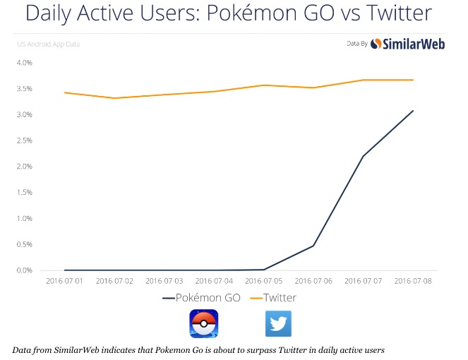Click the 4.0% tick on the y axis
point(24,63)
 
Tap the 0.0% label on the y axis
point(24,270)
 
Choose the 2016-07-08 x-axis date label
point(413,280)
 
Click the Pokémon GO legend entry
point(202,298)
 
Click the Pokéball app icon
point(203,324)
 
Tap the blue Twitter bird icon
point(278,324)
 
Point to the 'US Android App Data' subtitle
point(48,44)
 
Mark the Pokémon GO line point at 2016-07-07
point(363,156)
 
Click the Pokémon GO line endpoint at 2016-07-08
point(413,111)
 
